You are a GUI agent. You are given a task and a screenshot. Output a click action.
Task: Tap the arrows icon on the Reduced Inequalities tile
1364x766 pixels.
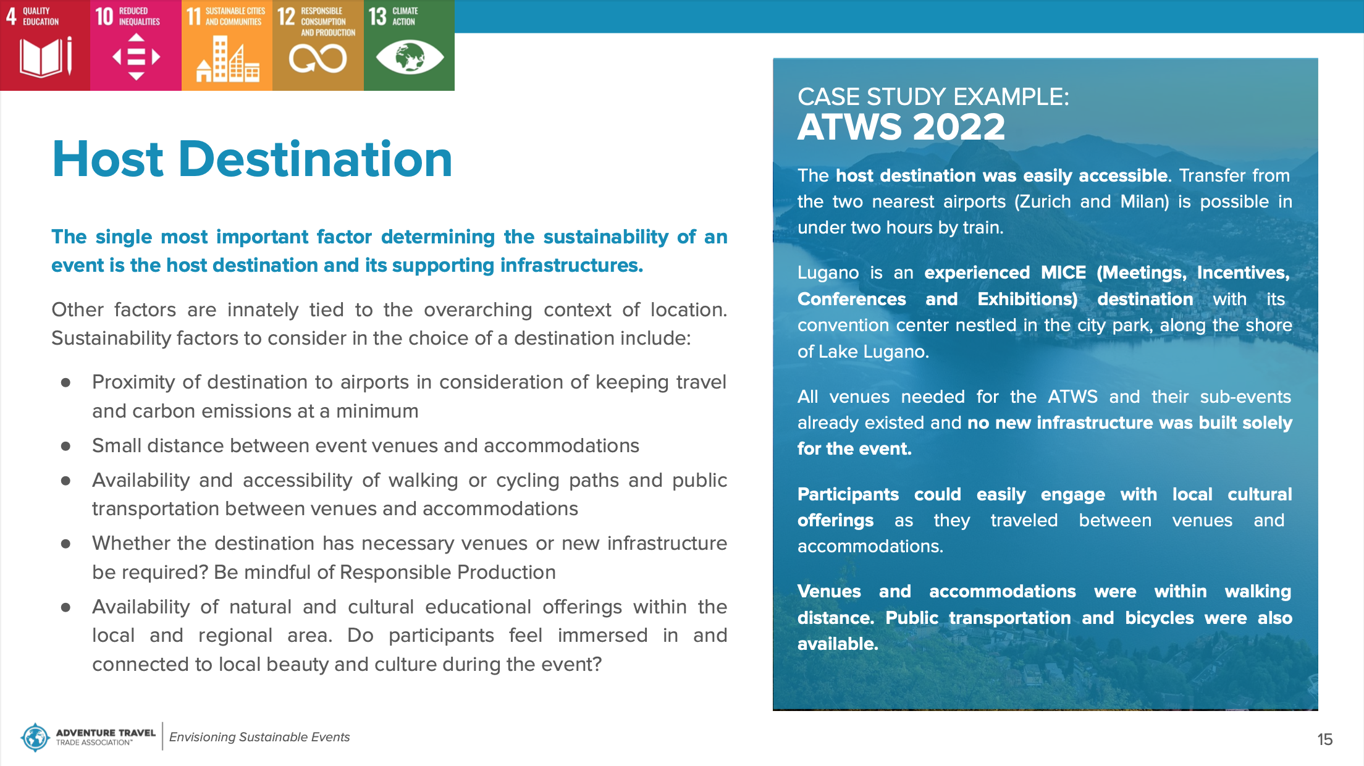coord(137,57)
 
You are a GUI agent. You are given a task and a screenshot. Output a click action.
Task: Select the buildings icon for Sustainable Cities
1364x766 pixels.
coord(227,59)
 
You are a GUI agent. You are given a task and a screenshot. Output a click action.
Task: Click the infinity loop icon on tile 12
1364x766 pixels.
coord(318,59)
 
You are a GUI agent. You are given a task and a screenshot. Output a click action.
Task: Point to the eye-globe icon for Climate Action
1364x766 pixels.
coord(410,57)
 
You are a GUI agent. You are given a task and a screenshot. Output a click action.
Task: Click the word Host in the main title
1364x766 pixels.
coord(108,159)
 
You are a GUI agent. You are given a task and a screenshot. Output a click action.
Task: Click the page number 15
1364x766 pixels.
coord(1324,739)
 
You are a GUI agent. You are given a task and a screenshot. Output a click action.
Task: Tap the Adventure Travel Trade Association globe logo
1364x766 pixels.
coord(35,737)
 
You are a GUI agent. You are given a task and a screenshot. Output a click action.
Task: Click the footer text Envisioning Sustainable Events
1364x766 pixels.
coord(259,737)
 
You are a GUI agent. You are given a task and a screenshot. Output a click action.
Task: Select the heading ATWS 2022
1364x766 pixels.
coord(901,127)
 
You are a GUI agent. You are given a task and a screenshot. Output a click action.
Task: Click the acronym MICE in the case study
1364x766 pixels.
coord(1063,272)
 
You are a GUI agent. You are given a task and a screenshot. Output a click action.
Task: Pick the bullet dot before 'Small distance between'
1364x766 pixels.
coord(65,446)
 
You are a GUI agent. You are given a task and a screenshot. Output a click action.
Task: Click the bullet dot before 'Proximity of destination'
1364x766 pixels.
coord(65,383)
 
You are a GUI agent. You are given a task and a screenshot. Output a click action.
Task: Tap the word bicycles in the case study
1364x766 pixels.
coord(1160,618)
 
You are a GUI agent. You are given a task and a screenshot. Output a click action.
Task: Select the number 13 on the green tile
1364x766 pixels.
coord(377,16)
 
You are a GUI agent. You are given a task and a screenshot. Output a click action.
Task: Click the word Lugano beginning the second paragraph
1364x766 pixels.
coord(828,273)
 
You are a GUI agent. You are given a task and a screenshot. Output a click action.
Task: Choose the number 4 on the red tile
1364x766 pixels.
coord(11,16)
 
